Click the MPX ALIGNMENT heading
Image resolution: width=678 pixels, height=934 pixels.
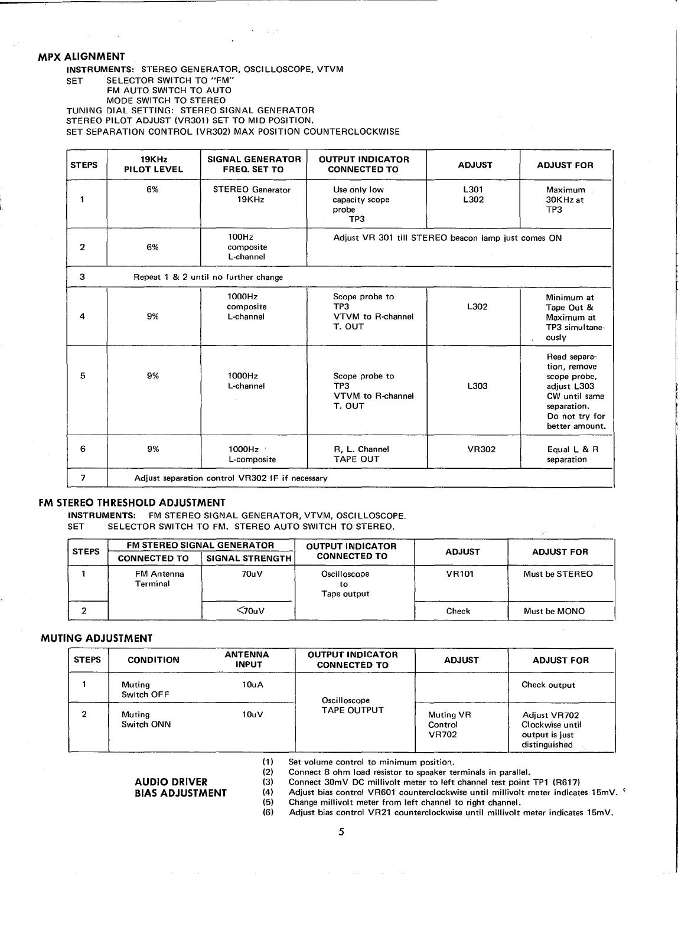(82, 57)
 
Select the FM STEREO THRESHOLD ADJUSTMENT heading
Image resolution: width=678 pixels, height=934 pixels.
(132, 503)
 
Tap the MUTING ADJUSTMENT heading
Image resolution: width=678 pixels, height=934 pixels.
(96, 638)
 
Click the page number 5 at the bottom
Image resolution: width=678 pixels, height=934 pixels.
(341, 832)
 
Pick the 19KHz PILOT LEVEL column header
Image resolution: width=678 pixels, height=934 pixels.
(154, 165)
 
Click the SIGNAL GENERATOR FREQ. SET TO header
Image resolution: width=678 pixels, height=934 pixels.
(253, 165)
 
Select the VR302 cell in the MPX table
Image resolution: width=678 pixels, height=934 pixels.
(481, 449)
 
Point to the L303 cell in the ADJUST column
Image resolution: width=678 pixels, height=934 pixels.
(477, 386)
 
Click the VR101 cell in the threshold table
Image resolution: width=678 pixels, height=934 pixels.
(460, 574)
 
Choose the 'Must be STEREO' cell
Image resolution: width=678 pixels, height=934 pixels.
(558, 574)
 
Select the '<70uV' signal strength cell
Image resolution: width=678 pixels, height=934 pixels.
(249, 611)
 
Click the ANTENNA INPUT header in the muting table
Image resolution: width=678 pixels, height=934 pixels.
(247, 659)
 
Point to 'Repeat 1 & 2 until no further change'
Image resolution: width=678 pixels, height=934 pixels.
(208, 277)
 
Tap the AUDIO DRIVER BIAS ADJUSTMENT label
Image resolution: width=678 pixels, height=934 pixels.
(180, 788)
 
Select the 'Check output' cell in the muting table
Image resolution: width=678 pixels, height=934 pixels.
(548, 685)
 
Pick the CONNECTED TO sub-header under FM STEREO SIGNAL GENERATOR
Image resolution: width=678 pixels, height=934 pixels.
(154, 559)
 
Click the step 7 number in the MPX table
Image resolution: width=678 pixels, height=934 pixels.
(83, 478)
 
